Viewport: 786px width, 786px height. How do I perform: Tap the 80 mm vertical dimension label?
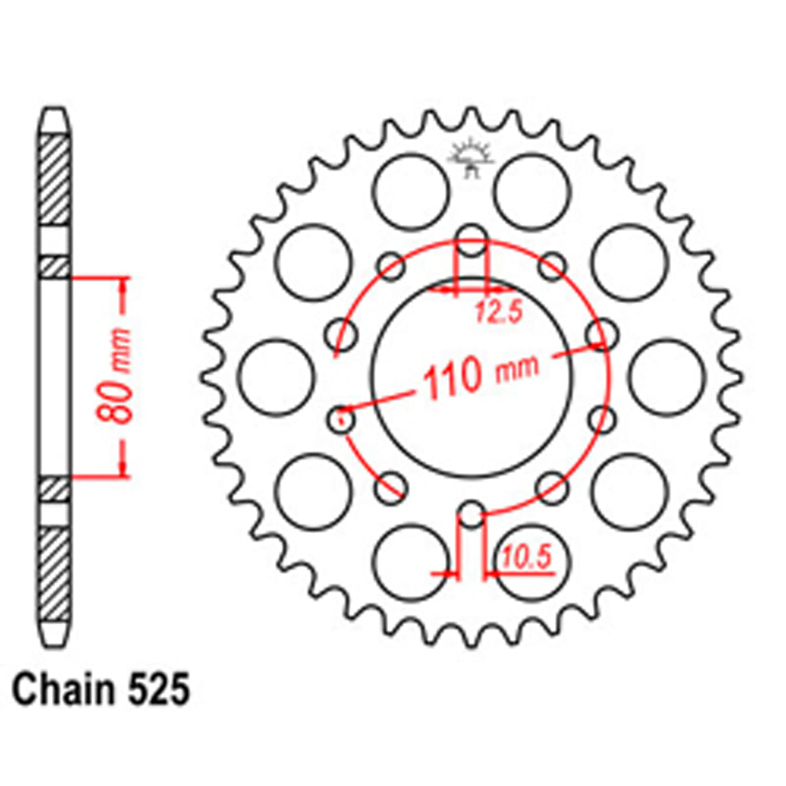pyautogui.click(x=118, y=375)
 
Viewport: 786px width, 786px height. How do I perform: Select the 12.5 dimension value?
pyautogui.click(x=498, y=314)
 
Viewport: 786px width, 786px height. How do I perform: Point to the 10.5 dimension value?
pyautogui.click(x=524, y=559)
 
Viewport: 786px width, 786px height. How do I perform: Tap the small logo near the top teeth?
pyautogui.click(x=471, y=158)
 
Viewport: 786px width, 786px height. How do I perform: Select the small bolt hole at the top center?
pyautogui.click(x=472, y=240)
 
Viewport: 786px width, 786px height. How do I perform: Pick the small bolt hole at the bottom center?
pyautogui.click(x=472, y=515)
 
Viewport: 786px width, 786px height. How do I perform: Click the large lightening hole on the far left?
pyautogui.click(x=275, y=376)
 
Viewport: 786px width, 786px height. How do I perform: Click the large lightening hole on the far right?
pyautogui.click(x=667, y=376)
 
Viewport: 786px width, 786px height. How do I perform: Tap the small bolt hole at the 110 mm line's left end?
pyautogui.click(x=343, y=418)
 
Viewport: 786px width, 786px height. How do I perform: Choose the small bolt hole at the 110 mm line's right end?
pyautogui.click(x=601, y=334)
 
